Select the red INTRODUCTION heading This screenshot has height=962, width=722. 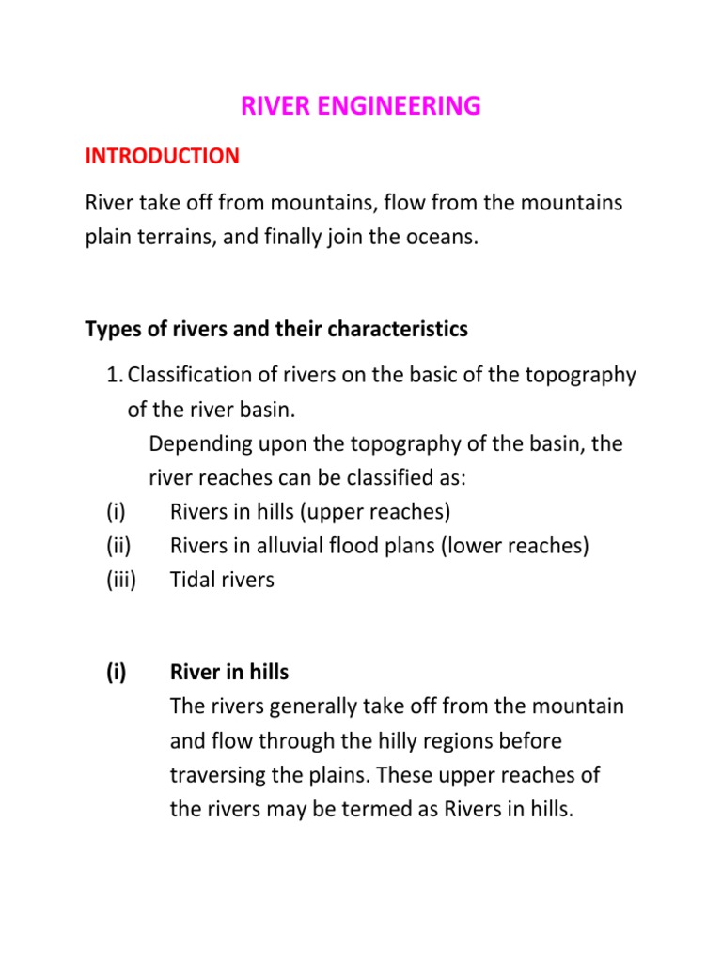pos(162,156)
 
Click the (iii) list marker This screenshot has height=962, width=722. pos(120,580)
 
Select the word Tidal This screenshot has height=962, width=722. pos(194,580)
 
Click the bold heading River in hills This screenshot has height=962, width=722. pos(229,672)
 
